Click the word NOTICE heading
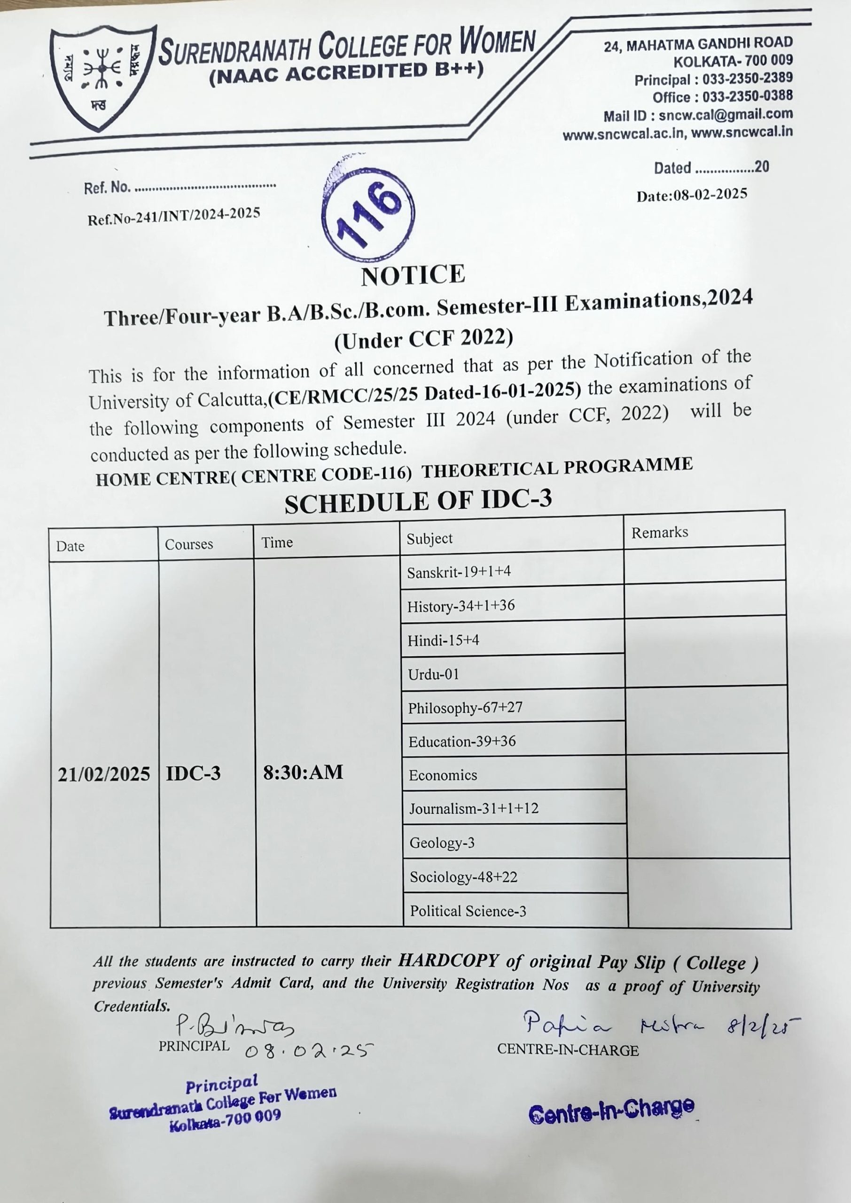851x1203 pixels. pyautogui.click(x=413, y=275)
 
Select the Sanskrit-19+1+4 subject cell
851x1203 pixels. pyautogui.click(x=459, y=571)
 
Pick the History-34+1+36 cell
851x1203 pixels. pyautogui.click(x=461, y=606)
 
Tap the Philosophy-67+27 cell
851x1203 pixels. pyautogui.click(x=465, y=708)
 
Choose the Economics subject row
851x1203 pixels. pyautogui.click(x=443, y=775)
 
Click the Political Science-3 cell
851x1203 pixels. pyautogui.click(x=468, y=911)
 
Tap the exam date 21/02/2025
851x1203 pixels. pyautogui.click(x=104, y=774)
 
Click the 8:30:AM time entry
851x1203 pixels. pyautogui.click(x=303, y=772)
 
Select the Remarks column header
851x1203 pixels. pyautogui.click(x=659, y=532)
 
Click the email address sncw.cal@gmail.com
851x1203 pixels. pyautogui.click(x=726, y=114)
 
